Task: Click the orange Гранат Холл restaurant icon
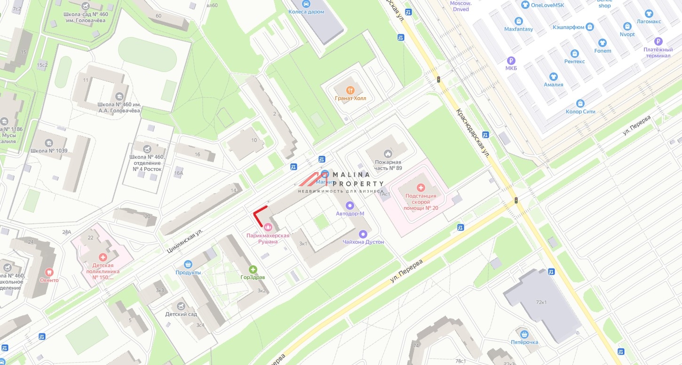point(349,90)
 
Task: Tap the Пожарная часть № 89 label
point(388,165)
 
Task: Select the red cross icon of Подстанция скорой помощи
point(420,187)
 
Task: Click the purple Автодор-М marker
point(349,206)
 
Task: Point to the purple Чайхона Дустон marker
point(363,234)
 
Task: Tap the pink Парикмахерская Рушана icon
point(268,227)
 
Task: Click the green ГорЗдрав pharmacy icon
point(253,270)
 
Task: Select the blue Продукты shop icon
point(188,264)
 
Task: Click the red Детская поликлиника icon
point(103,257)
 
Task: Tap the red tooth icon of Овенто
point(49,272)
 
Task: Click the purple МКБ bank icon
point(511,61)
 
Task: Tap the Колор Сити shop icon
point(580,103)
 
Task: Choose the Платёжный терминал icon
point(658,41)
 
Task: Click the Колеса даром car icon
point(306,4)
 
